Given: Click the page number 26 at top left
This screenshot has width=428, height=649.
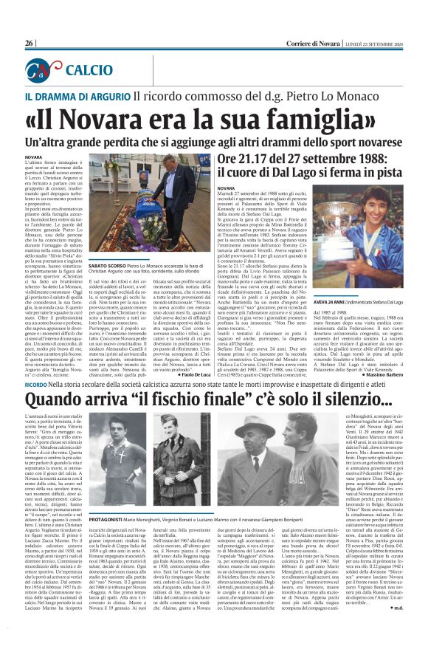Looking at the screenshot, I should pos(30,44).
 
